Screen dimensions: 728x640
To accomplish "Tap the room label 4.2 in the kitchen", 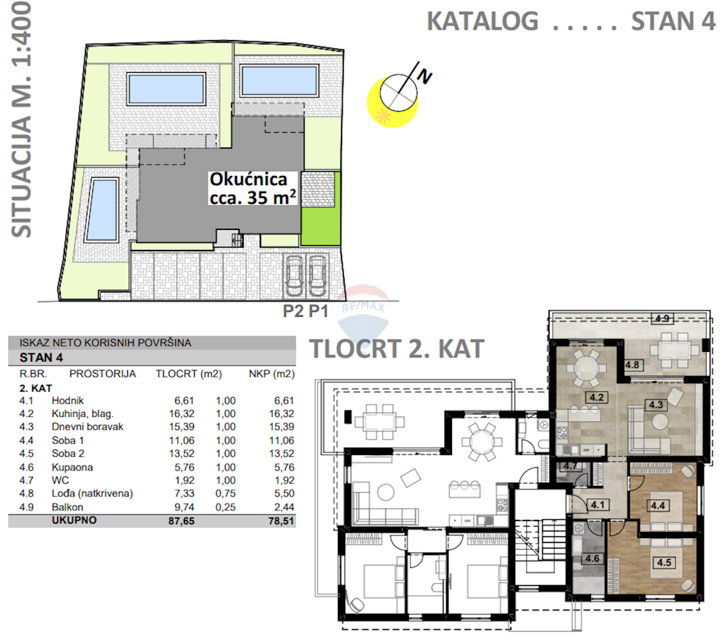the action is [596, 398].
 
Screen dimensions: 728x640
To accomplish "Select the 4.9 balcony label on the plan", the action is [662, 318].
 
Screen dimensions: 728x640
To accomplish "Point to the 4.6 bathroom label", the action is [592, 559].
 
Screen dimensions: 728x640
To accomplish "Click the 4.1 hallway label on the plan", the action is [597, 505].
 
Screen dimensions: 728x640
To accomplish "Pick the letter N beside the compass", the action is [425, 76].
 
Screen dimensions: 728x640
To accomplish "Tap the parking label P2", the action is [293, 311].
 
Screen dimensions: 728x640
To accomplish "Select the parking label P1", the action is [317, 311].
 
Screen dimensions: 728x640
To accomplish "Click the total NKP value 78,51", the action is [281, 521].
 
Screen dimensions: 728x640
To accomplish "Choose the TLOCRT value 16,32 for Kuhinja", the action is [182, 414].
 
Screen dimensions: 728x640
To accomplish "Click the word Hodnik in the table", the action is [67, 400].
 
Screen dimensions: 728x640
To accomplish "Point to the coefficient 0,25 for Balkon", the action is [226, 507].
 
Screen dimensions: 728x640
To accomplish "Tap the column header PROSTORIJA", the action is [103, 374].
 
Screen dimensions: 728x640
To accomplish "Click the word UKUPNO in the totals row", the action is [74, 520].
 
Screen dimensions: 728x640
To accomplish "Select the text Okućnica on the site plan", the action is [248, 180].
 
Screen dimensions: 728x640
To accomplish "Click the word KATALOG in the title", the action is [482, 21].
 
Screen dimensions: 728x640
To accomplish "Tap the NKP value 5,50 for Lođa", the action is [284, 493].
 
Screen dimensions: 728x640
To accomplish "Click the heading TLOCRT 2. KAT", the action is [397, 349].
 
